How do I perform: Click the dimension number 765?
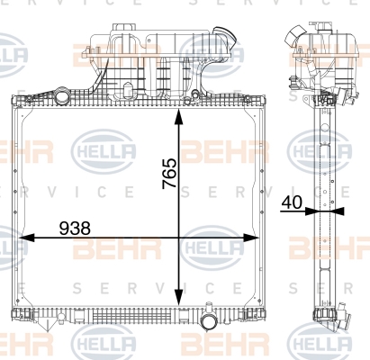[169, 173]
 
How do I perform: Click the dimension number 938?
[75, 229]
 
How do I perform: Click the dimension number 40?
[292, 202]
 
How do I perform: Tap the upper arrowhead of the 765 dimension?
[179, 117]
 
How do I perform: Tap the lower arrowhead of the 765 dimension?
[179, 298]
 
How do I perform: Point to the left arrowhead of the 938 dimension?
[27, 238]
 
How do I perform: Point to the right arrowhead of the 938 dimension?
[250, 238]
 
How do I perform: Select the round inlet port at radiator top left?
[62, 96]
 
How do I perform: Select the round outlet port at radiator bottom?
[209, 322]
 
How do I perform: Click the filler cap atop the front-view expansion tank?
[123, 28]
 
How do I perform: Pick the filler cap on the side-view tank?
[325, 26]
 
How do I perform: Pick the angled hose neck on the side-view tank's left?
[295, 35]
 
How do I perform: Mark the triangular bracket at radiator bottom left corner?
[46, 326]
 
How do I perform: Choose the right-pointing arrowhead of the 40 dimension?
[310, 211]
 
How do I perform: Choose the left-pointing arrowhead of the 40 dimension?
[339, 211]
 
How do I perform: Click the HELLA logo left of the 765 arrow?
[104, 151]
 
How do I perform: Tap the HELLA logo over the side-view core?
[319, 151]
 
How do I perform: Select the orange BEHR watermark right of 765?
[224, 151]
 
